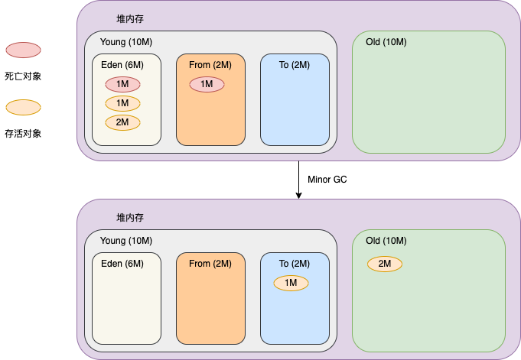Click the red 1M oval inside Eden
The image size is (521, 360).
(122, 84)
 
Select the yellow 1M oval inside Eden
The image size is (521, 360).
(122, 103)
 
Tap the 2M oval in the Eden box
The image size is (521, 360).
(122, 122)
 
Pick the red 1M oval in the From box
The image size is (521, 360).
(207, 84)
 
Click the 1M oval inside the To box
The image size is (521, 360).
(291, 283)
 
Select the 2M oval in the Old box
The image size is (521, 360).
(385, 264)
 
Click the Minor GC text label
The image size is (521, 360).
(327, 180)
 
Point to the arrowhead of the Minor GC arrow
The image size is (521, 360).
(298, 196)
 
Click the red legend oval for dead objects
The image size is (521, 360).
(23, 50)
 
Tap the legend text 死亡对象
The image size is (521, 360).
(23, 76)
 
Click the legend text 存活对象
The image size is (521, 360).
(23, 133)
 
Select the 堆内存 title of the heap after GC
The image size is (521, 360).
(130, 218)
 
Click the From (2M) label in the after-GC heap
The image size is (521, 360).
(210, 264)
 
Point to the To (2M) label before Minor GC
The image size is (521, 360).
(294, 64)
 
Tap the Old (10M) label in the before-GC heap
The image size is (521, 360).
(386, 41)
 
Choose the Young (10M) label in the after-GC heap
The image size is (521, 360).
(126, 241)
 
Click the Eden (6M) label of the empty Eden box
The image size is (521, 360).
(122, 264)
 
